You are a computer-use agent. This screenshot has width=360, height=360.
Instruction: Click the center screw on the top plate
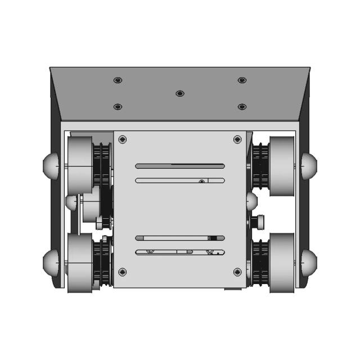coord(180,93)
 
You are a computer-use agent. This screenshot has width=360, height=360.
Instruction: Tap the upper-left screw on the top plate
coord(118,80)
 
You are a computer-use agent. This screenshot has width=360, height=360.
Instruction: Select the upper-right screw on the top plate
coord(242,80)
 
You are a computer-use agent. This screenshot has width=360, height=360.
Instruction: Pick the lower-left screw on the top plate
coord(118,106)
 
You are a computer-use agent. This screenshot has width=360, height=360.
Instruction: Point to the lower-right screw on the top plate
coord(242,106)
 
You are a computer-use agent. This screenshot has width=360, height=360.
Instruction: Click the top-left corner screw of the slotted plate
coord(123,139)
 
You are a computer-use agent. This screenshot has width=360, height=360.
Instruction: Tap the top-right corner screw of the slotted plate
coord(237,139)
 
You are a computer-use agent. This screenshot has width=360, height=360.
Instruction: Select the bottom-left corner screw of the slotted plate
coord(123,272)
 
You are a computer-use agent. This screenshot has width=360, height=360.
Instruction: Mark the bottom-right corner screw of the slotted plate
coord(237,272)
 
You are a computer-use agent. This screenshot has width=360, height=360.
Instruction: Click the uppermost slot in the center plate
coord(180,166)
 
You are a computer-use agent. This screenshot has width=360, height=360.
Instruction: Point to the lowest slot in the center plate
coord(180,252)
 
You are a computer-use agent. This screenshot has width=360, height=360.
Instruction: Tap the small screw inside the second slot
coord(201,181)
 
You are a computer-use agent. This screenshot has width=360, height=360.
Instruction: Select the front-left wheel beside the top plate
coord(80,158)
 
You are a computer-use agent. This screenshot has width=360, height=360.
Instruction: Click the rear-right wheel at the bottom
coord(281,263)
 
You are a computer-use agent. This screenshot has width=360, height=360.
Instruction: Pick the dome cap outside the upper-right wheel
coord(308,166)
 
